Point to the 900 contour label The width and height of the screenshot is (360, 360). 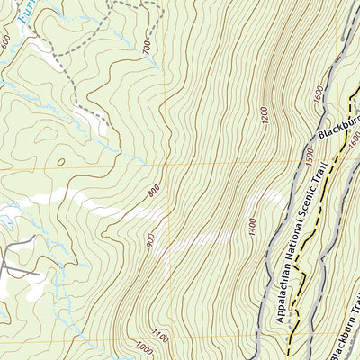pyautogui.click(x=148, y=240)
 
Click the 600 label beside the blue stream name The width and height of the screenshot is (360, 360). pyautogui.click(x=6, y=42)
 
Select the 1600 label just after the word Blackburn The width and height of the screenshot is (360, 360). pyautogui.click(x=354, y=137)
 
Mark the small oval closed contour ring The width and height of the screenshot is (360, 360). pyautogui.click(x=60, y=162)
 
